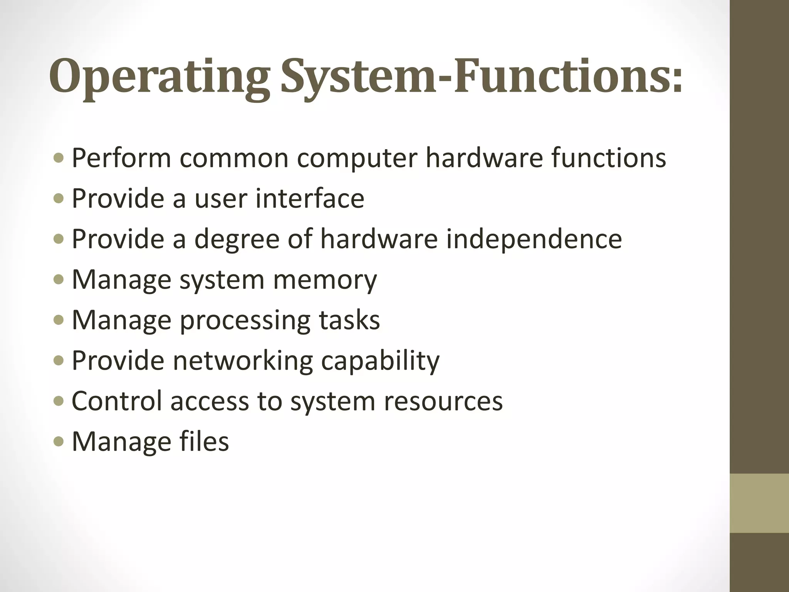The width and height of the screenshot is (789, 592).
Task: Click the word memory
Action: (x=325, y=280)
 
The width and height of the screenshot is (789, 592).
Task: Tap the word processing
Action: (x=245, y=321)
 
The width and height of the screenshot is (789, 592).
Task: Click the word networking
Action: (x=243, y=361)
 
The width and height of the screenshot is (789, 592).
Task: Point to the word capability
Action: (x=380, y=361)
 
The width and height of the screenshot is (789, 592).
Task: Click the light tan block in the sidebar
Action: (x=759, y=503)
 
